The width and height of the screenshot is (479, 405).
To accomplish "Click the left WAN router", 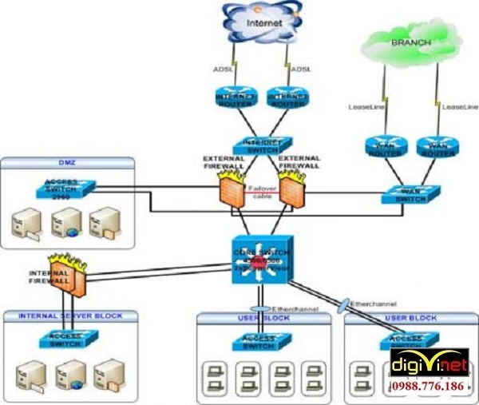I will [386, 147].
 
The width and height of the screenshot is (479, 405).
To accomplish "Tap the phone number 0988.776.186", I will [430, 386].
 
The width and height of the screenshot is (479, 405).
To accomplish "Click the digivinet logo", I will [429, 366].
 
